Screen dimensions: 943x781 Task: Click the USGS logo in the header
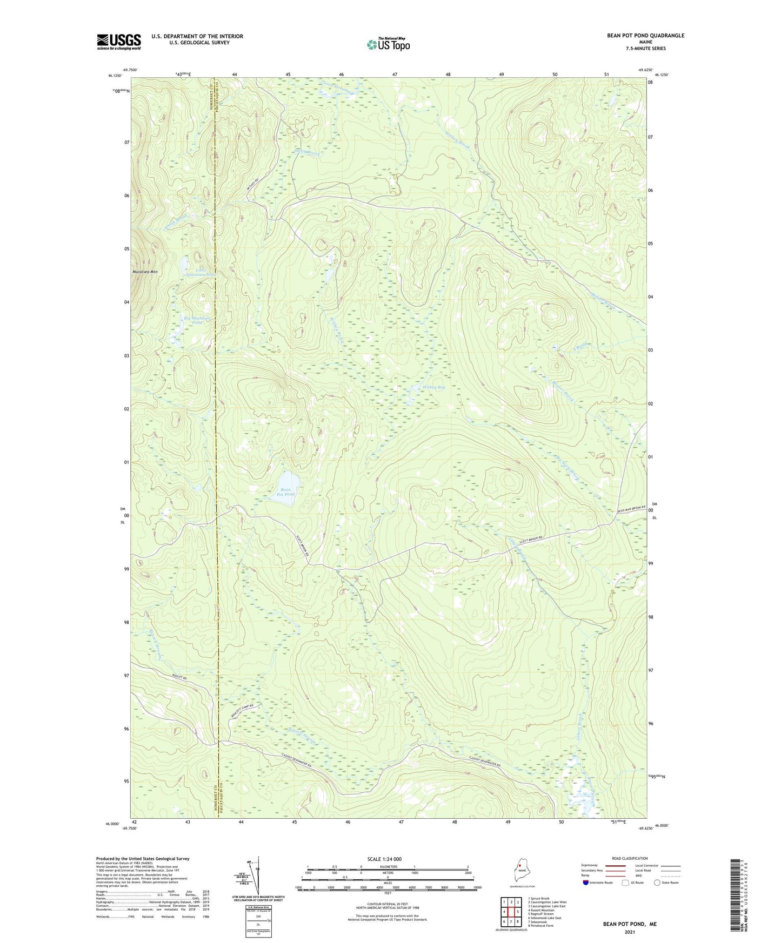coord(118,42)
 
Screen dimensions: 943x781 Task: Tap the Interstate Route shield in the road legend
coord(586,883)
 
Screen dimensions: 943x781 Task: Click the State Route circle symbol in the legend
coord(657,883)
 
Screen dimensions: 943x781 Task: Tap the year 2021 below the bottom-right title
coord(630,932)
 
